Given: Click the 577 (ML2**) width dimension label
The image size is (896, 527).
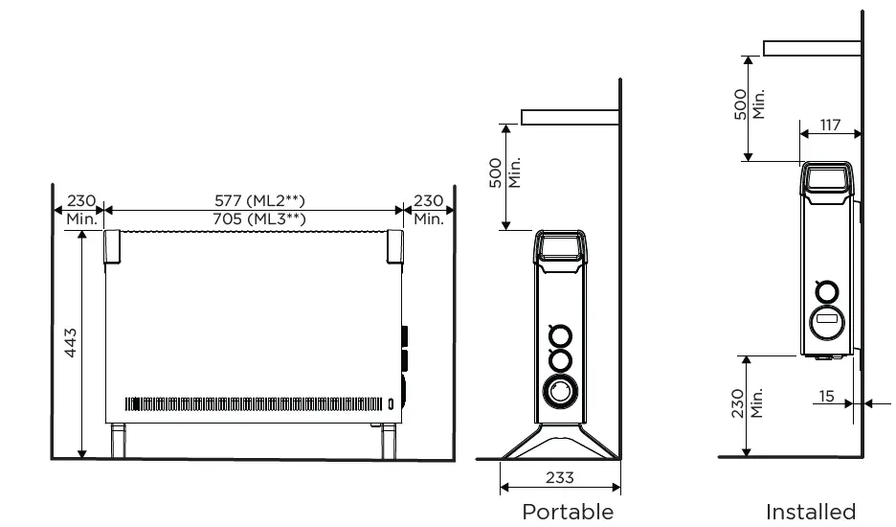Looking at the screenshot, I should [x=259, y=200].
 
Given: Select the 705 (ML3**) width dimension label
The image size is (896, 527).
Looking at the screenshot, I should [x=259, y=218].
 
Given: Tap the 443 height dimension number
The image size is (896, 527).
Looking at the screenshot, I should [x=71, y=343].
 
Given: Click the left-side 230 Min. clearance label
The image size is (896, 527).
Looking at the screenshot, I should [x=80, y=209].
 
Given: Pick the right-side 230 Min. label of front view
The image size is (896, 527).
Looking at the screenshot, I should [x=428, y=209].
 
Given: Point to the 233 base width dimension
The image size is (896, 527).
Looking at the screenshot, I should [x=559, y=476].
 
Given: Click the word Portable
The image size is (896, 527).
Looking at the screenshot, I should [x=567, y=512].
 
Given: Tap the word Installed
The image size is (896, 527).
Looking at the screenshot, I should [x=810, y=512].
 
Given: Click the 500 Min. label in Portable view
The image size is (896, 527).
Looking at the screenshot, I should [x=504, y=173].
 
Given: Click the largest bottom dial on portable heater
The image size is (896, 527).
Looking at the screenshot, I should [x=558, y=392].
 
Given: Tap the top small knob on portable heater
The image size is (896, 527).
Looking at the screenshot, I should [x=558, y=336].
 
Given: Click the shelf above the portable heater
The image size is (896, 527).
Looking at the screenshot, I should [x=569, y=117].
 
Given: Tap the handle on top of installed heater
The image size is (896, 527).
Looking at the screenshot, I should [x=826, y=178].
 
